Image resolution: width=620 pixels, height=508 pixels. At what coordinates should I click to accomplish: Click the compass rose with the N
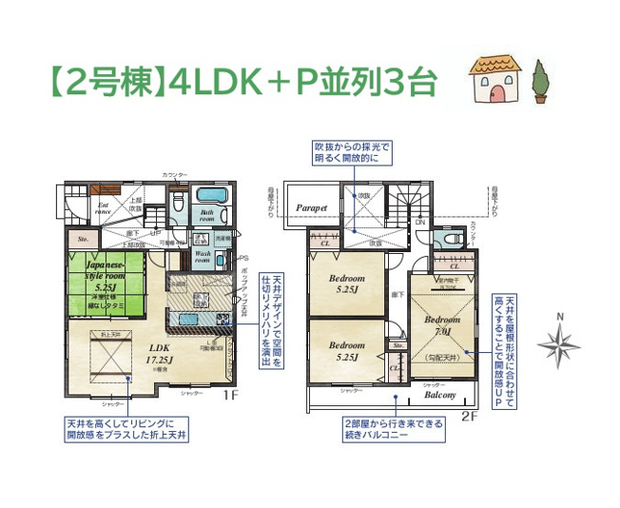pyautogui.click(x=560, y=341)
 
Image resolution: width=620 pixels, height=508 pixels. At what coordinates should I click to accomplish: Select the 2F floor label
pyautogui.click(x=469, y=416)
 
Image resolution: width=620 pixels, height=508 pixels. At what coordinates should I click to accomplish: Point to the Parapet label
pyautogui.click(x=311, y=206)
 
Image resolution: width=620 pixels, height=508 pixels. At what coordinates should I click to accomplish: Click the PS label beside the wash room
pyautogui.click(x=243, y=258)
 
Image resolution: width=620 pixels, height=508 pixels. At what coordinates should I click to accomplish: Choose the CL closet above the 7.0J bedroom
pyautogui.click(x=455, y=267)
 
